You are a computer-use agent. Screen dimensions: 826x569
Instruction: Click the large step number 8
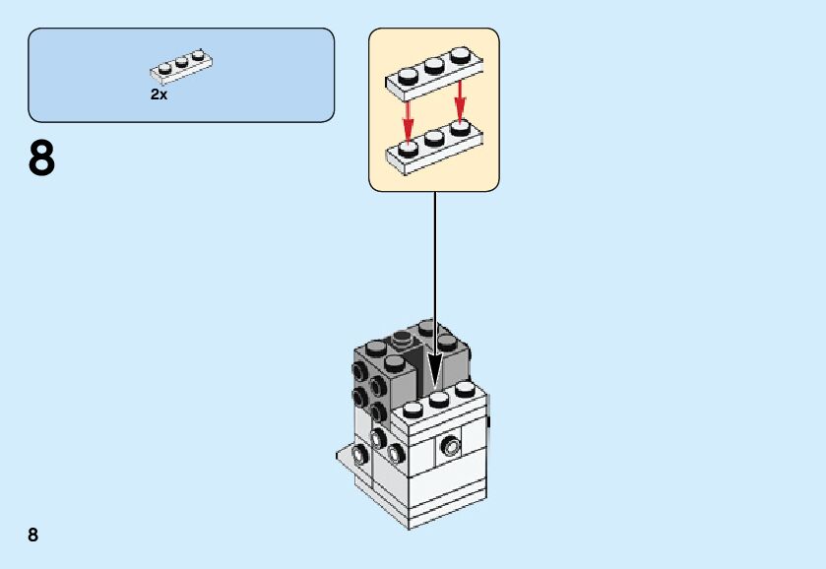click(x=41, y=159)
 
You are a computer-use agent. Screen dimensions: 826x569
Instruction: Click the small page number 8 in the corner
click(x=33, y=535)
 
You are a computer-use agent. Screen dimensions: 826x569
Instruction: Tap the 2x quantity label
click(x=159, y=95)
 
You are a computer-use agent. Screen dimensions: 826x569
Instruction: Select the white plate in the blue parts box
click(x=182, y=65)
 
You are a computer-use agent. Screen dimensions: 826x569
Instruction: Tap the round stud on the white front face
click(x=450, y=445)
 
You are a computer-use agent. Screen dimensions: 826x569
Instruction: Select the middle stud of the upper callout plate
click(x=433, y=65)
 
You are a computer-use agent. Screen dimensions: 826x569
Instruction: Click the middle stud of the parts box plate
click(x=182, y=61)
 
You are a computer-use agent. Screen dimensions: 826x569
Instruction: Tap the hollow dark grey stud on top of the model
click(x=403, y=341)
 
